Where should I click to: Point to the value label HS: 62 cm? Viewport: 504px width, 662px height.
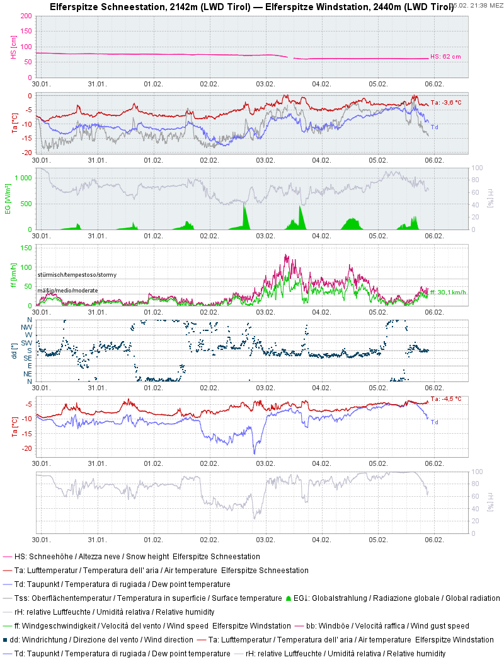point(445,57)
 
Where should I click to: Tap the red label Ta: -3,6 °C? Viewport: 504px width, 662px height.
point(445,103)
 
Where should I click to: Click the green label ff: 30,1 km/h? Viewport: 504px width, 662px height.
point(448,293)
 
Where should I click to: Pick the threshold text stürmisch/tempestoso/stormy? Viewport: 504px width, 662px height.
point(77,275)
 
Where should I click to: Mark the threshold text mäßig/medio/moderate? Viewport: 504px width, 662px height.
point(69,290)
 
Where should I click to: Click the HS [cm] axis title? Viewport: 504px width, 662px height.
point(13,47)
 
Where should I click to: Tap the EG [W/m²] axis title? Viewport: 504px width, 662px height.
point(8,199)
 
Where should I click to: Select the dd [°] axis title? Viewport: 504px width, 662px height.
point(13,351)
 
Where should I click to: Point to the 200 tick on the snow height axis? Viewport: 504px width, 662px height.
point(26,16)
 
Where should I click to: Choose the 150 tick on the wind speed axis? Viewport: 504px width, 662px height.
point(26,248)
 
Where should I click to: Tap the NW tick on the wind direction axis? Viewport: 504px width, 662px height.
point(28,327)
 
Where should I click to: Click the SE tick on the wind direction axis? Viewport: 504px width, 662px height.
point(28,358)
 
